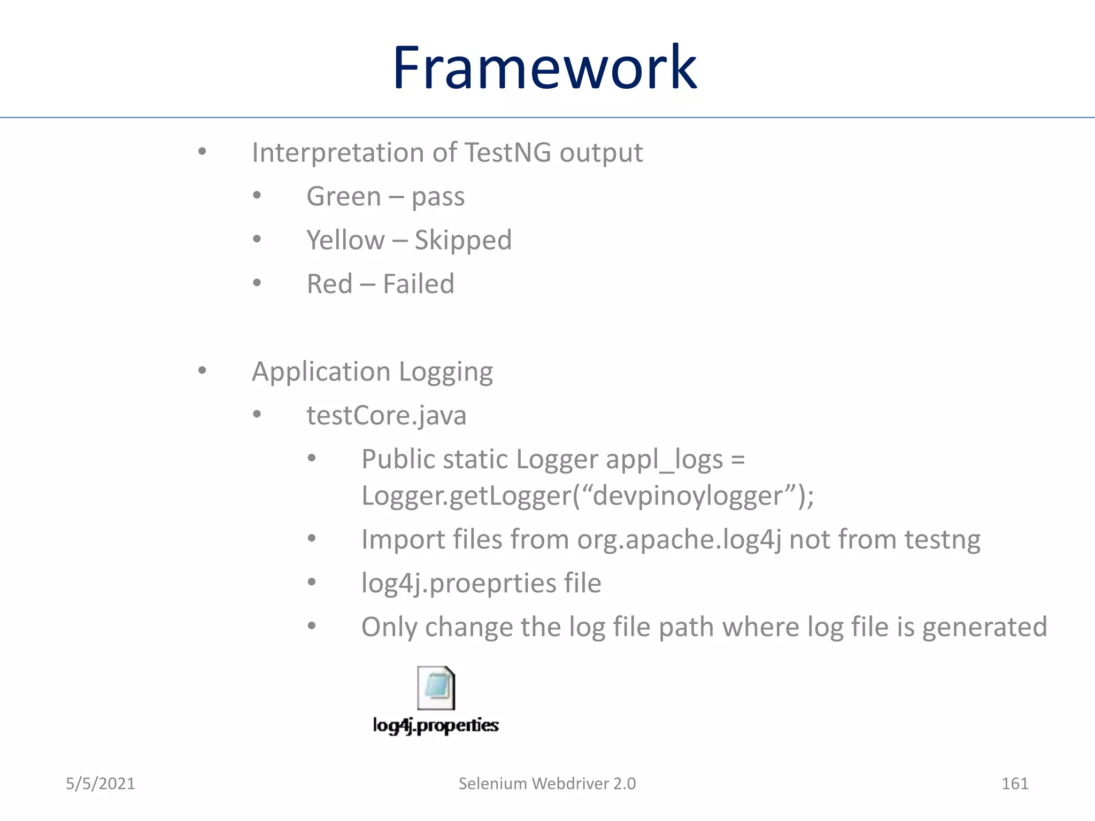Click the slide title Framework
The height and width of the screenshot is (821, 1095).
544,68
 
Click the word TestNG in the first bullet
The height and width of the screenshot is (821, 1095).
508,152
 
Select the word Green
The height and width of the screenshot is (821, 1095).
344,196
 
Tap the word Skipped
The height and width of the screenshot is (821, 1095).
463,240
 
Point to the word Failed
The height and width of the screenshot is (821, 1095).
419,284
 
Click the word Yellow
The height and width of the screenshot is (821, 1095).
345,240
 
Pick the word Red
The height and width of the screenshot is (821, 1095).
329,284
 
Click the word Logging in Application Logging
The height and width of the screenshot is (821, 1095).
445,372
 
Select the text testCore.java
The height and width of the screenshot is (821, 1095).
386,415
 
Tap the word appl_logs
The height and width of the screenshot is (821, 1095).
664,460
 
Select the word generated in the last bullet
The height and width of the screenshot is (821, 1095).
984,627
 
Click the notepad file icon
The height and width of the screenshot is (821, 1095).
436,688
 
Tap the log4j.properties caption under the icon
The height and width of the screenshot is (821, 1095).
436,725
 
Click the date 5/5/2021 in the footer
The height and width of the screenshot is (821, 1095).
101,784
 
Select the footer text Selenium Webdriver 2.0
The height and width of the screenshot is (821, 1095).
547,784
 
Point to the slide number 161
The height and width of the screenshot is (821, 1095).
1014,784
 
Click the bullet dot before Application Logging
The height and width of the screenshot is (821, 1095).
202,370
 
